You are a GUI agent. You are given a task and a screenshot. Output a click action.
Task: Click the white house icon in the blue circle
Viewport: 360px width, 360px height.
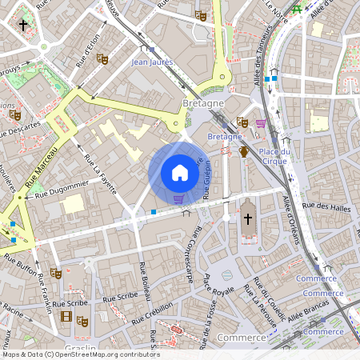[x=180, y=173]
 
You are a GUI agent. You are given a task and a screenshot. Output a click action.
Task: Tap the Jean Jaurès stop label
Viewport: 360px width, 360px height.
[x=152, y=62]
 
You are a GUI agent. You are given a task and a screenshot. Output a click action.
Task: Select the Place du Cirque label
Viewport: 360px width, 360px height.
[x=274, y=156]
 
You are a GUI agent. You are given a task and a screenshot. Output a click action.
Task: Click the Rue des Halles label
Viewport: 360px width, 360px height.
[x=329, y=206]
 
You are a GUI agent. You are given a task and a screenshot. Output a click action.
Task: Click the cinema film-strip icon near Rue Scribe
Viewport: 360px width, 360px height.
[x=66, y=317]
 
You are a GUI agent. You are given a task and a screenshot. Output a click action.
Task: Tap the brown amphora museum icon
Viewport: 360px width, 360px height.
[x=243, y=152]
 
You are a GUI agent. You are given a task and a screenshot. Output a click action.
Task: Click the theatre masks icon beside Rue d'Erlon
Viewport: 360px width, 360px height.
[x=102, y=58]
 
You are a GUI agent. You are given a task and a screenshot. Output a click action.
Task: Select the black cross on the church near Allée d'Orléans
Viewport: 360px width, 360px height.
[x=247, y=218]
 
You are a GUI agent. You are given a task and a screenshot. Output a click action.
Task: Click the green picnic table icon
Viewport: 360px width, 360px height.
[x=297, y=9]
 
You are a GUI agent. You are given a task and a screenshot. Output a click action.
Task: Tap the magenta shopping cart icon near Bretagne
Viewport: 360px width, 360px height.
[x=261, y=123]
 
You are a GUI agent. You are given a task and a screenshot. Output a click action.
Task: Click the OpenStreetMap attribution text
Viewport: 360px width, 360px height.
[x=80, y=354]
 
